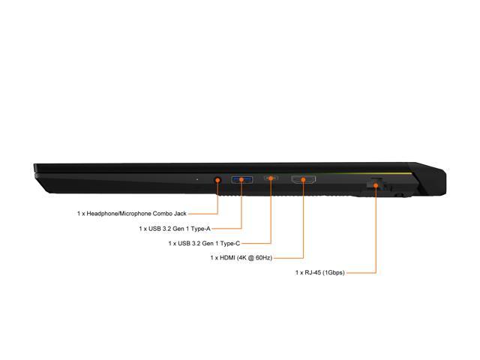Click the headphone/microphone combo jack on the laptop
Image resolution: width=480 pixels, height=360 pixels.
(x=217, y=180)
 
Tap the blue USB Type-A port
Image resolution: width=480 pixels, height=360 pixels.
(x=241, y=180)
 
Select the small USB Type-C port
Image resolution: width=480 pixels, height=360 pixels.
(x=270, y=180)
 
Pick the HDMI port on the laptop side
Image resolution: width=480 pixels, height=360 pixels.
(x=303, y=180)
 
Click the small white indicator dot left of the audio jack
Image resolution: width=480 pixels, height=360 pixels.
(x=197, y=179)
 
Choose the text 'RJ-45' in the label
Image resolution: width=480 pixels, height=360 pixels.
(x=316, y=272)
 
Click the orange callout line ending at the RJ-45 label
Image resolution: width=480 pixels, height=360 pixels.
(x=375, y=240)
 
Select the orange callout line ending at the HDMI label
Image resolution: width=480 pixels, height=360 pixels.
(x=303, y=225)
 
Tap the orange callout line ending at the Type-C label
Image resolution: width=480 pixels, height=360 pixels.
(x=270, y=217)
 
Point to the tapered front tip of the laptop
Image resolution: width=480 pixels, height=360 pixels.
(x=37, y=172)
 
